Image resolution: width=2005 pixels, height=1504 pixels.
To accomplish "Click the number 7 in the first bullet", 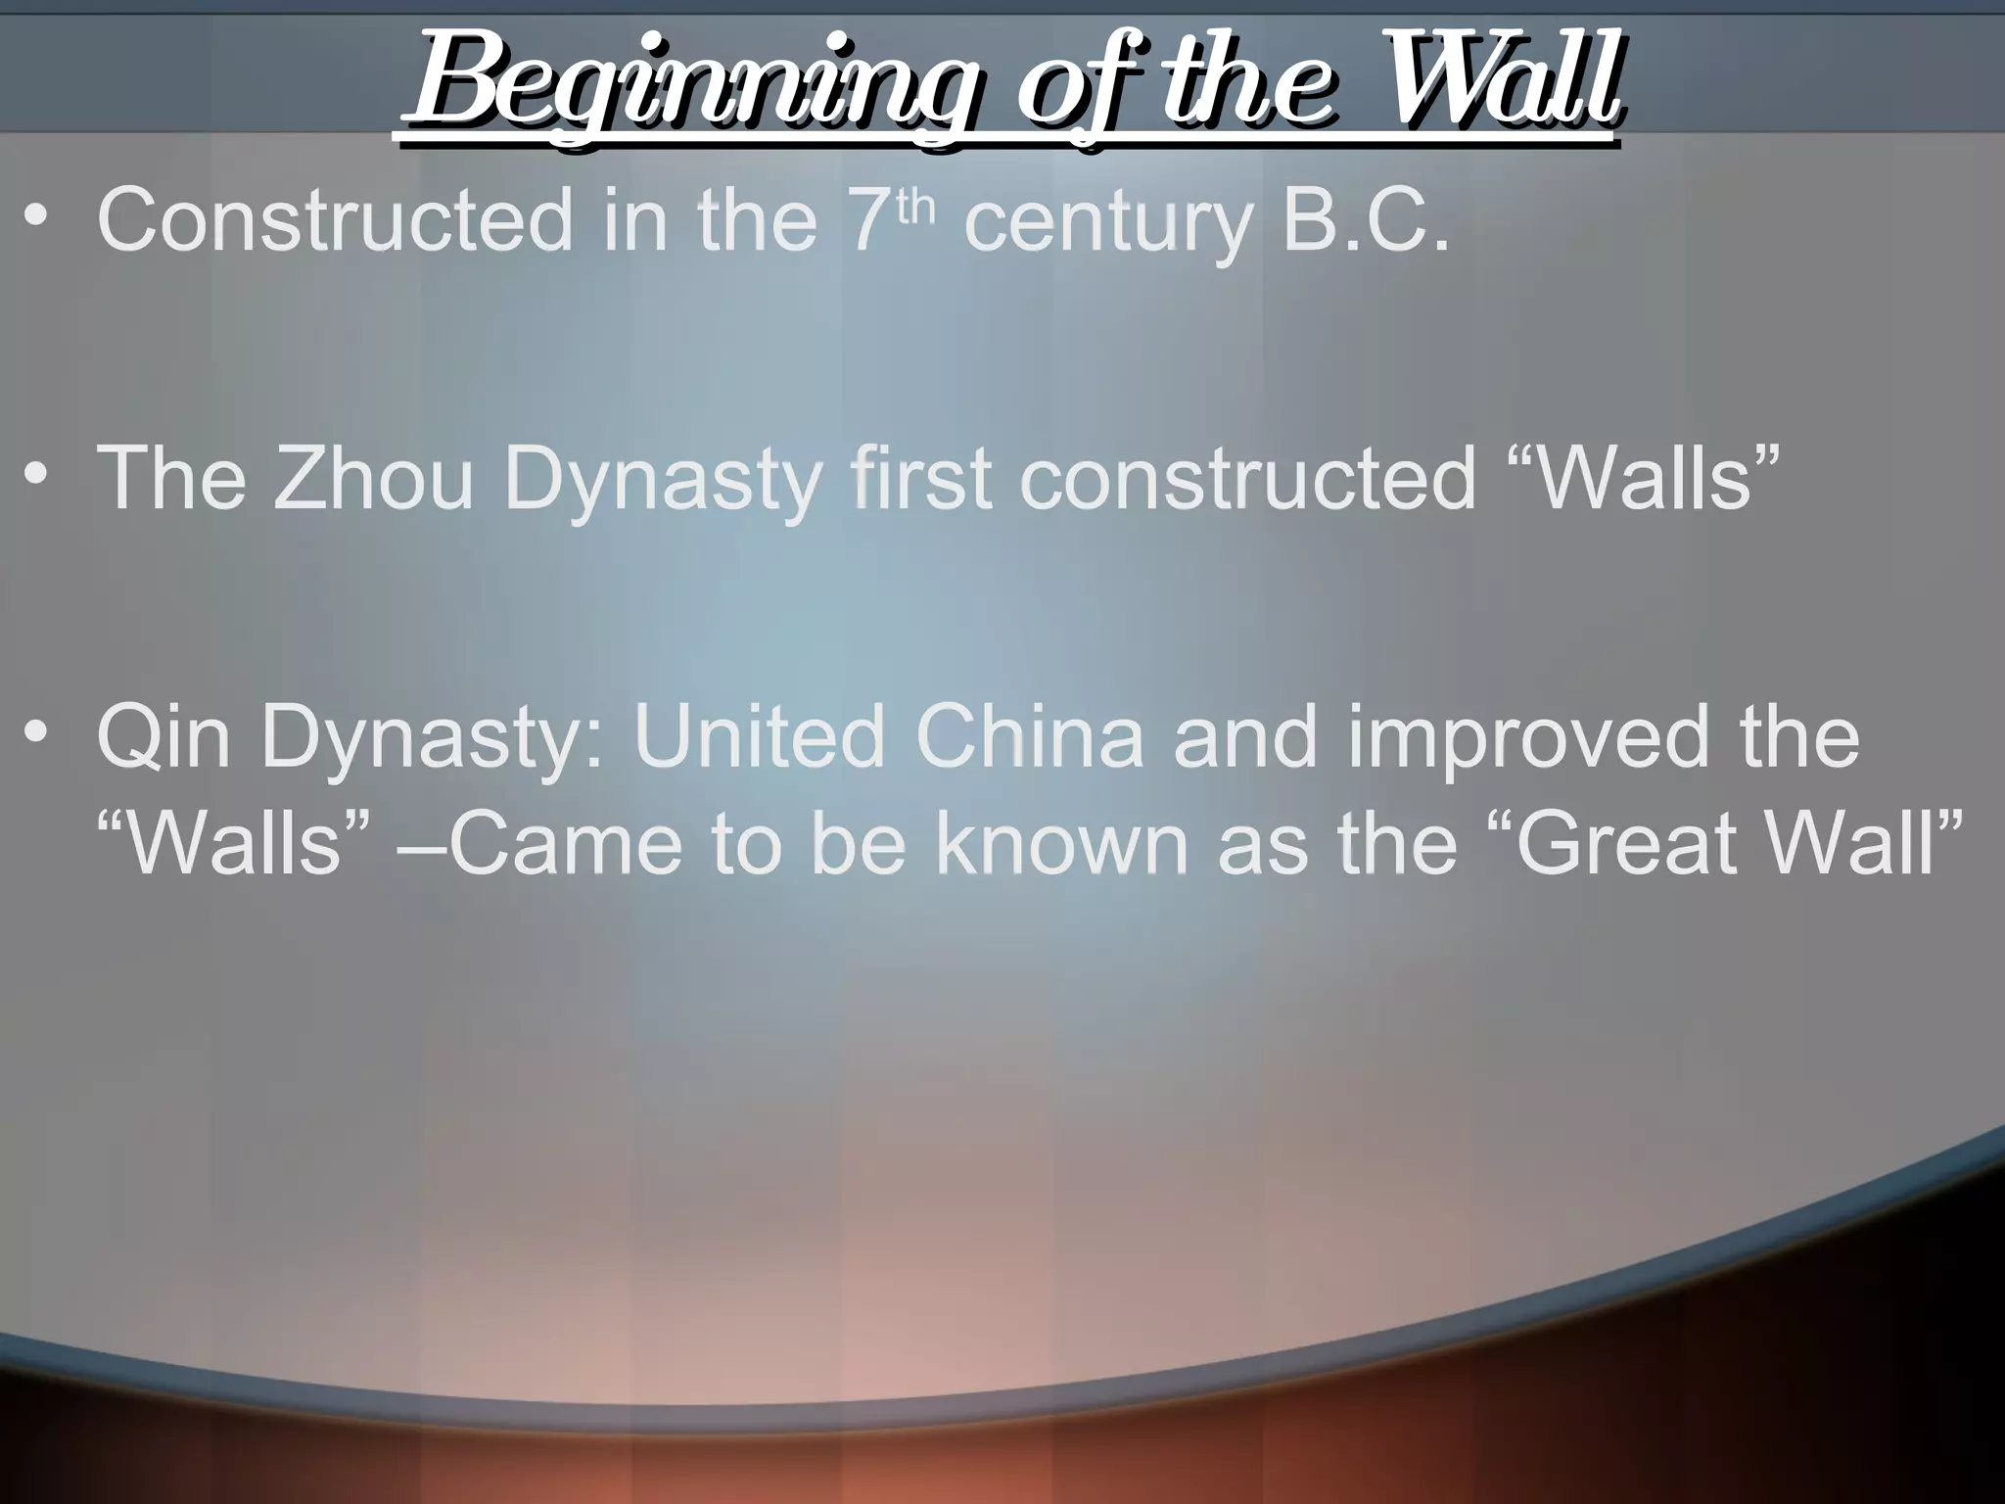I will coord(865,220).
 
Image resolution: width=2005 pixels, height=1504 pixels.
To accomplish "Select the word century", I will coord(1107,223).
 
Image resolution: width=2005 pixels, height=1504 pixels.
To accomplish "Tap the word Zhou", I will coord(373,478).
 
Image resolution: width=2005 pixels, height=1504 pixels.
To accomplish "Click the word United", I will coord(759,736).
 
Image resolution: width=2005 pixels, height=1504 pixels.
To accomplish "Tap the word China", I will coord(1029,736).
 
